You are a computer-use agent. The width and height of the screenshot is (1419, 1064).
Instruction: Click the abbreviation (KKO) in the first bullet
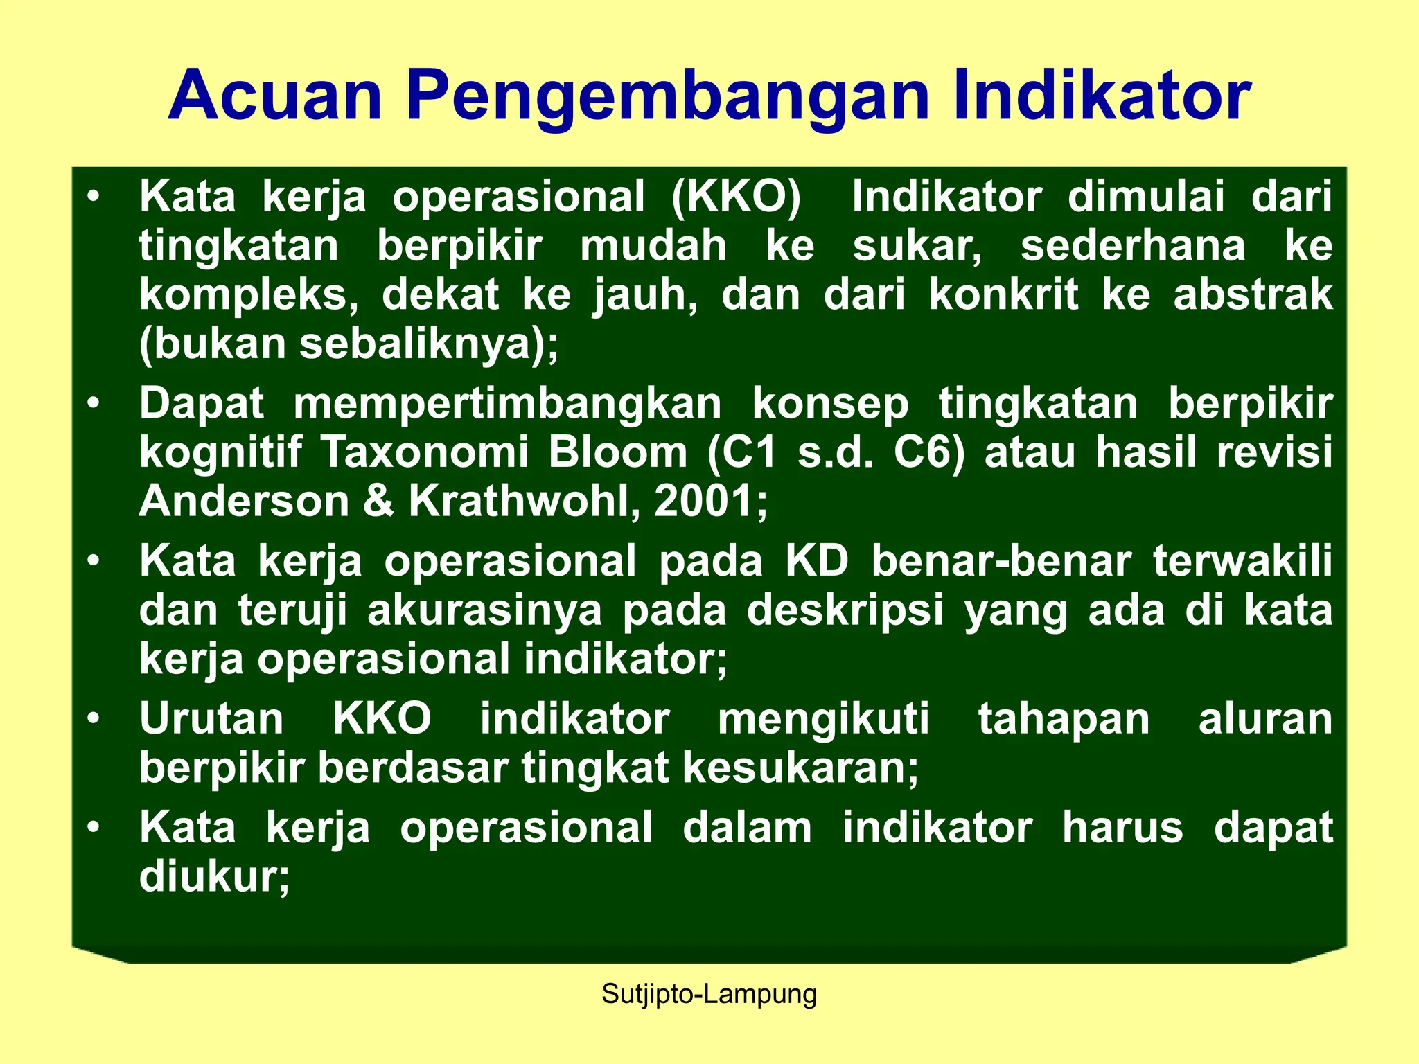[736, 197]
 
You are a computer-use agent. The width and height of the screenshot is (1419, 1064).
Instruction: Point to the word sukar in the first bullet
[916, 246]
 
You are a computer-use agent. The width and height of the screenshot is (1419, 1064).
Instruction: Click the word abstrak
[1253, 294]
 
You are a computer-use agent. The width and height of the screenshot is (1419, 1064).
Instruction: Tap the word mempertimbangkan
[507, 403]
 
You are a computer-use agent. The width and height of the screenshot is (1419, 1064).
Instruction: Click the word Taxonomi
[425, 452]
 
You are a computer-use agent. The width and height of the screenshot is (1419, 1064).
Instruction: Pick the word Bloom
[617, 452]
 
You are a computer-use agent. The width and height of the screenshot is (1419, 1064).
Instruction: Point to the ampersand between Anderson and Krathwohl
[378, 501]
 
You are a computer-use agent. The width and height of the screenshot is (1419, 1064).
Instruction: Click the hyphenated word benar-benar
[1001, 561]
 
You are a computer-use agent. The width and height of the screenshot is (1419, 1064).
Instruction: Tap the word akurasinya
[484, 610]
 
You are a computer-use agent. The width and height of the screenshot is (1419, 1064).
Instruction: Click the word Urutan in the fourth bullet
[211, 719]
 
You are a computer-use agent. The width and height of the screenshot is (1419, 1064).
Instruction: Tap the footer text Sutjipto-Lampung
[709, 994]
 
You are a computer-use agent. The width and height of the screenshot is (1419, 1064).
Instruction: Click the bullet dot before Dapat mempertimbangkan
[94, 403]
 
